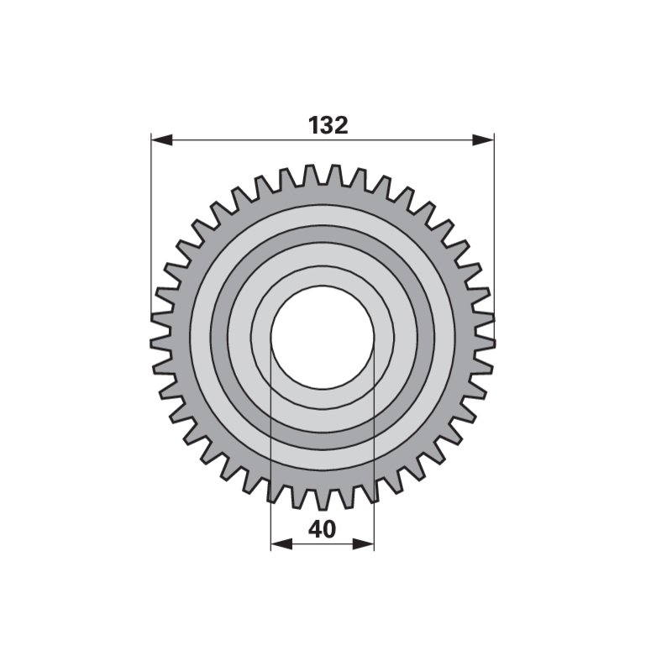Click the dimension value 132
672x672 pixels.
click(328, 125)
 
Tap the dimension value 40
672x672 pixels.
click(323, 530)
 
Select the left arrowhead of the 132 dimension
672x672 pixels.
click(162, 139)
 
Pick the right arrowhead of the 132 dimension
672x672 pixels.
click(483, 139)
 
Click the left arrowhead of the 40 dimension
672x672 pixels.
click(281, 544)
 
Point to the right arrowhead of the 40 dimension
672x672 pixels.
click(364, 544)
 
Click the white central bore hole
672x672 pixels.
click(323, 338)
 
